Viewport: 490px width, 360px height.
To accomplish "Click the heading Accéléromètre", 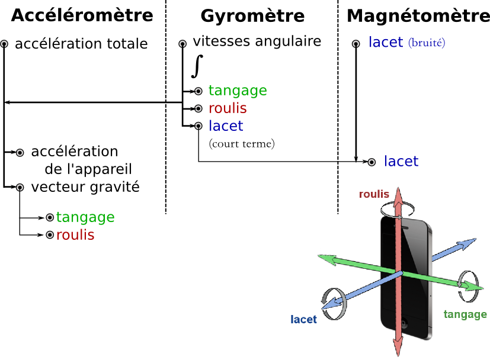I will coord(82,15).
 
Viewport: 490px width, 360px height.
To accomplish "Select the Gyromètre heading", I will coord(252,16).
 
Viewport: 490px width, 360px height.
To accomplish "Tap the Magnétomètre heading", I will coord(418,16).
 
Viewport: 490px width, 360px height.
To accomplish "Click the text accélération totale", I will coord(81,44).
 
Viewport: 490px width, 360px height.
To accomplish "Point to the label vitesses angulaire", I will coord(257,41).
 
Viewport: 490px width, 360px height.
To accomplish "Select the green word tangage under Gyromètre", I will coord(238,91).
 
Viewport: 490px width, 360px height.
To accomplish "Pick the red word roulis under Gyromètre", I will coord(228,108).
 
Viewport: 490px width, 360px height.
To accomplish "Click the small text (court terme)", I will coord(242,144).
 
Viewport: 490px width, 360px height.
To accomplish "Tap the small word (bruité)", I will coord(427,43).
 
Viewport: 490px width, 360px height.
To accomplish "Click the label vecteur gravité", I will coord(85,187).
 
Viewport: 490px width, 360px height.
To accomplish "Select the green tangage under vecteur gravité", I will coord(85,217).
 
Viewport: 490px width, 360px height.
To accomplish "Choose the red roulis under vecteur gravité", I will coord(75,235).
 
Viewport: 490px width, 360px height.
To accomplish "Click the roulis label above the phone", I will coord(374,194).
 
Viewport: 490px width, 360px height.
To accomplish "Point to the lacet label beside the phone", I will coord(303,319).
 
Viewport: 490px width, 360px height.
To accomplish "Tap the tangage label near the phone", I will coord(465,314).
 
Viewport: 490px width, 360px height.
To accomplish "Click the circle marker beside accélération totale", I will coord(4,44).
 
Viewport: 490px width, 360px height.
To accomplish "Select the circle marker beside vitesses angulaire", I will coord(182,44).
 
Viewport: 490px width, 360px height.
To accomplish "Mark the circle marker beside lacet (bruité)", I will coord(356,44).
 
